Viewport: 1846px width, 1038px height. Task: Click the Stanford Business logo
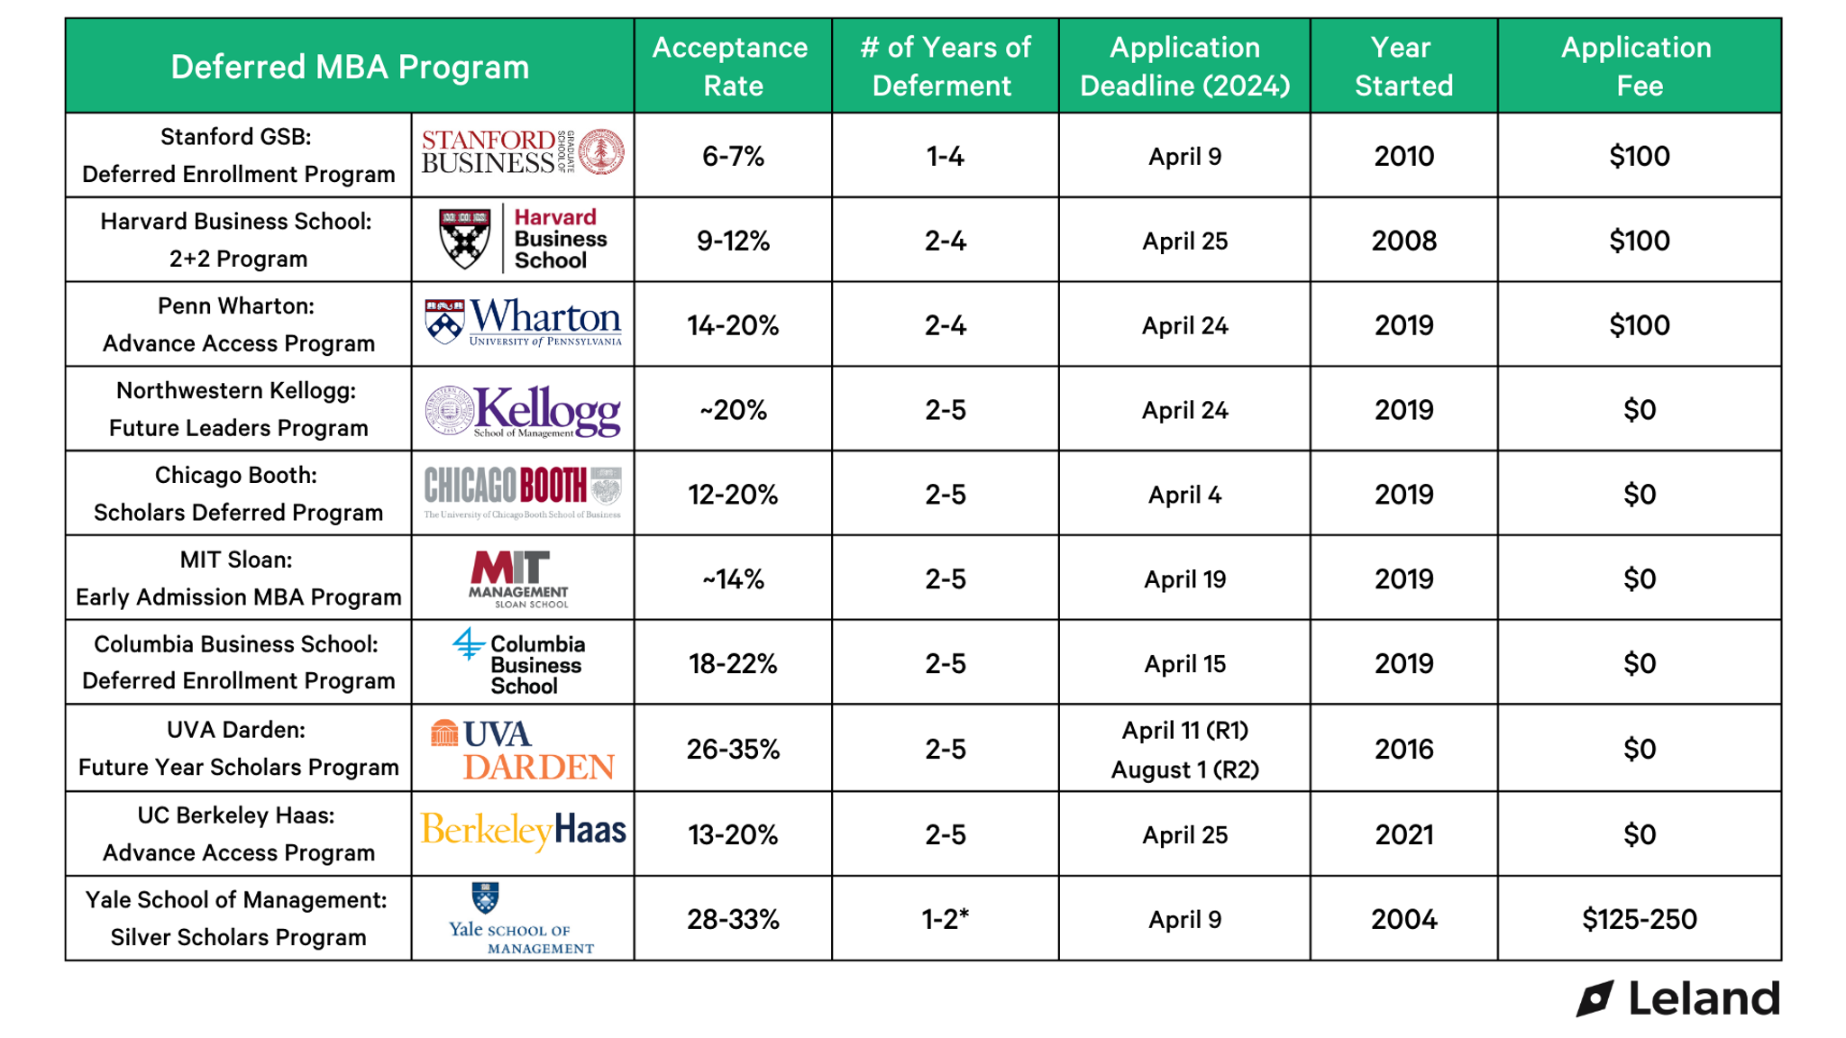[x=523, y=152]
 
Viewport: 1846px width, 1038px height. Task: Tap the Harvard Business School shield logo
[x=465, y=239]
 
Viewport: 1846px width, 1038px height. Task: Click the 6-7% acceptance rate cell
[x=733, y=157]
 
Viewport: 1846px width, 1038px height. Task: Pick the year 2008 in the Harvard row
[x=1403, y=241]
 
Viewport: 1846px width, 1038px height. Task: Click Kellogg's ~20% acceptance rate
[x=733, y=411]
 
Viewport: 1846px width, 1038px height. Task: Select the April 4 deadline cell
[x=1184, y=496]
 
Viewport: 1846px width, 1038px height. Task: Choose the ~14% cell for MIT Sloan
[x=733, y=579]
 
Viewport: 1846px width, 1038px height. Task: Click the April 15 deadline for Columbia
[x=1184, y=665]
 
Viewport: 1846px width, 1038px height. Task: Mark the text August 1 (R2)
[x=1184, y=770]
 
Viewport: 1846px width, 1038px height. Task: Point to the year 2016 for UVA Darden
[x=1403, y=750]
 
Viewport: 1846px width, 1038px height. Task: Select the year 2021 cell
[x=1403, y=835]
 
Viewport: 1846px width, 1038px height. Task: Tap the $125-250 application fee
[x=1639, y=920]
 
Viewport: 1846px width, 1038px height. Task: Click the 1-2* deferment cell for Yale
[x=945, y=920]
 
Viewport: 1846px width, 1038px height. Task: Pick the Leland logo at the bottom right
[x=1678, y=999]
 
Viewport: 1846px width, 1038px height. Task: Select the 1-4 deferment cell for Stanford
[x=945, y=157]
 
